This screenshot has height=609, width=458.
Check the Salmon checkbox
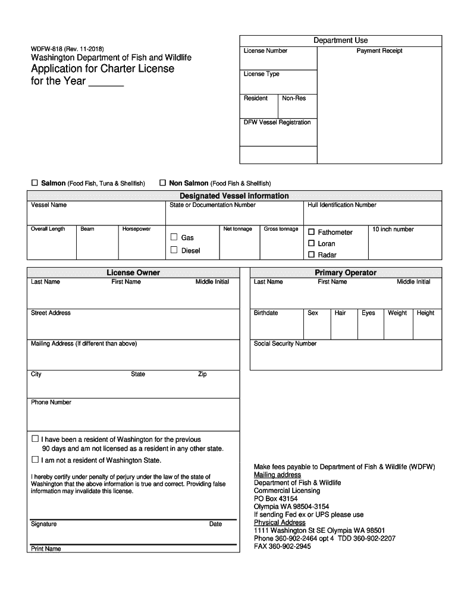tap(34, 183)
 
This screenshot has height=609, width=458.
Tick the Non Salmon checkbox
tap(163, 183)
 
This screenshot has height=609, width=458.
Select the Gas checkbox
tap(174, 237)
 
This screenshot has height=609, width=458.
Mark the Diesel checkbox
tap(174, 250)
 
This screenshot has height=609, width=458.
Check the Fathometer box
tap(311, 232)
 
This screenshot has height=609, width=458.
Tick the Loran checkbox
tap(311, 243)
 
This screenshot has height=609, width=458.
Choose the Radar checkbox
tap(311, 255)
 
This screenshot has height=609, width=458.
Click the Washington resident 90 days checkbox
tap(34, 439)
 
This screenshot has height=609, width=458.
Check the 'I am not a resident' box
tap(34, 460)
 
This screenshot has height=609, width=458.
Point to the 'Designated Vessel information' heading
tap(234, 196)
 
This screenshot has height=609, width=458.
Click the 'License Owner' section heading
tap(133, 272)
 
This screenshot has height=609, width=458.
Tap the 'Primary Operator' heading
tap(346, 272)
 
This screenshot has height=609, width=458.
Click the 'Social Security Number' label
tap(285, 344)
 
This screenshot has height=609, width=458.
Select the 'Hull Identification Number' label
tap(341, 205)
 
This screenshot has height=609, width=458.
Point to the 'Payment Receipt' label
tap(379, 51)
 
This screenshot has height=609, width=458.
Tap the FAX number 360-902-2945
tap(282, 547)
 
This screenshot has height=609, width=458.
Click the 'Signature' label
tap(43, 524)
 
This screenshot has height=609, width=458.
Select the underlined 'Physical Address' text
tap(280, 523)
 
